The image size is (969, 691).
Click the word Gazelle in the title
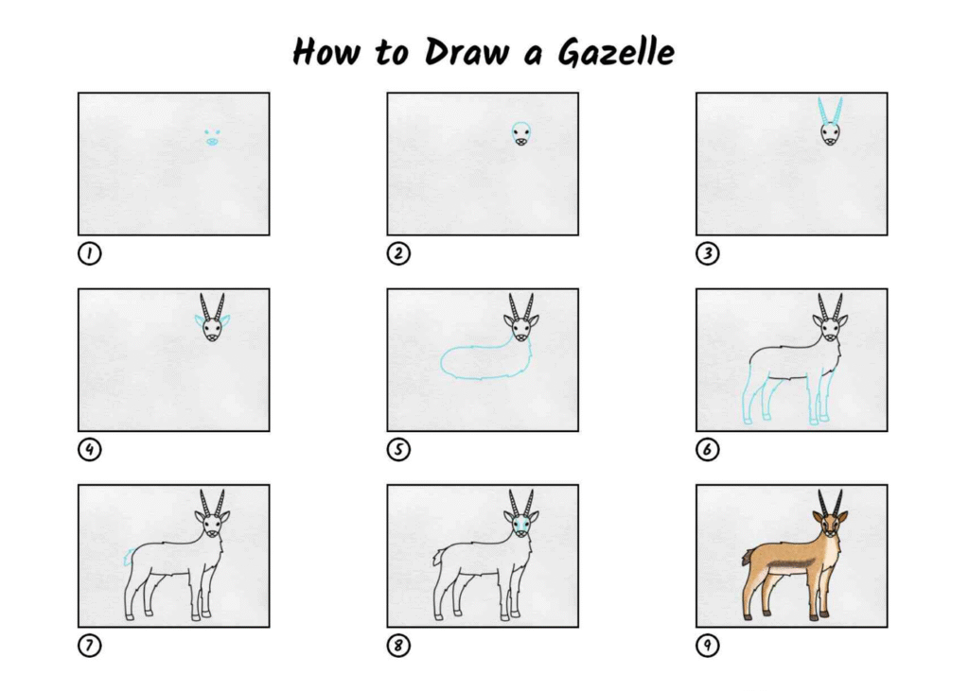pos(615,51)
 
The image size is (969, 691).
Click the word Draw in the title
pos(467,51)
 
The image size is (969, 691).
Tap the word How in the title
pos(326,51)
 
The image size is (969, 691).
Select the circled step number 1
pos(90,253)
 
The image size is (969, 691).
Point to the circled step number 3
pos(708,253)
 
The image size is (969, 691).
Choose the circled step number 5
pos(398,450)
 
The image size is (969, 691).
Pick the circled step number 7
pos(90,646)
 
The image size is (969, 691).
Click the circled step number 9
pos(708,646)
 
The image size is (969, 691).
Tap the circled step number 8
pos(398,646)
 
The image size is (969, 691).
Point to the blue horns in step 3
pos(830,111)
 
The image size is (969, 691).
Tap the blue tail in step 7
pos(129,557)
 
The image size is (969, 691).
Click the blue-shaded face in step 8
pos(521,526)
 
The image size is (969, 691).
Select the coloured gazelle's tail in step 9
pos(748,557)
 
